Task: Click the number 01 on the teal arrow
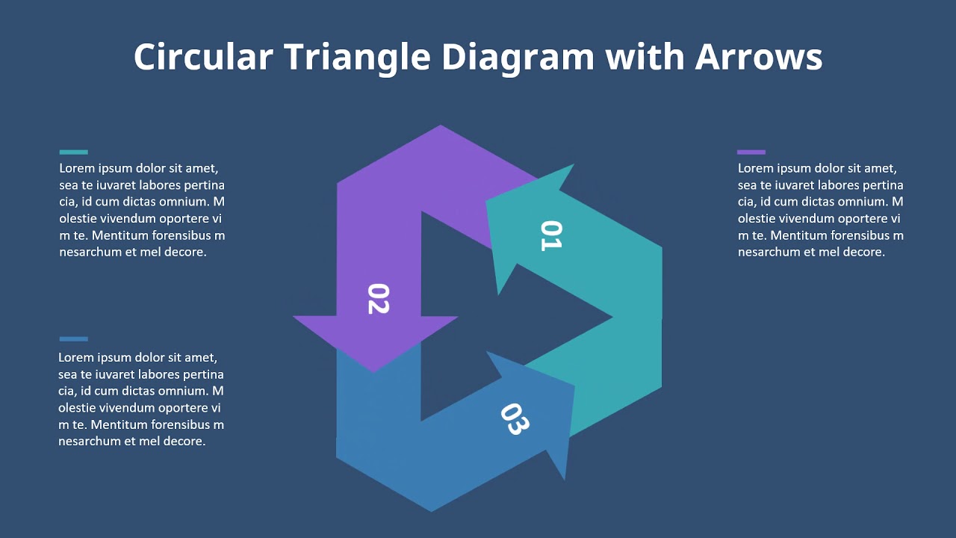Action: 550,235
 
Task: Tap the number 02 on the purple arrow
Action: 378,298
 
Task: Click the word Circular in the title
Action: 202,57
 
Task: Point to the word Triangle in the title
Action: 356,57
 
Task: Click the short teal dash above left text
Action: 73,152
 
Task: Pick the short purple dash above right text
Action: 751,152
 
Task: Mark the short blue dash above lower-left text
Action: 73,339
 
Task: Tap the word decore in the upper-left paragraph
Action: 184,252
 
